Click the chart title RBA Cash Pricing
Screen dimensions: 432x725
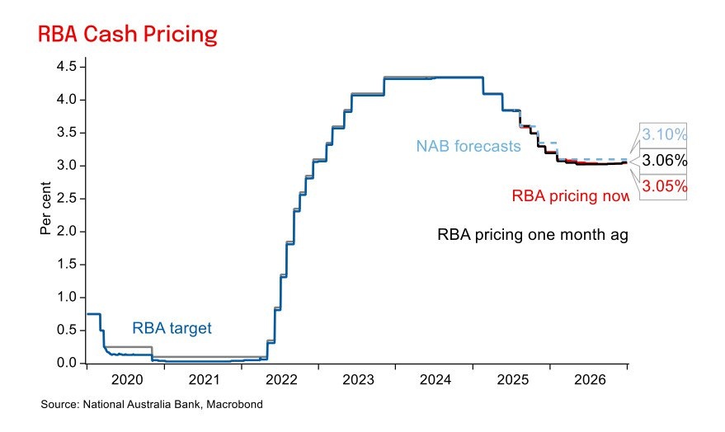pos(127,35)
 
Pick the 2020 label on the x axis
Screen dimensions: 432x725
pos(125,381)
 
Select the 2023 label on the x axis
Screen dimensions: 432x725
pos(358,381)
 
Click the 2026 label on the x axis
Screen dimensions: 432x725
pos(590,381)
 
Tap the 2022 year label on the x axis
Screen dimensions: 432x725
pos(280,381)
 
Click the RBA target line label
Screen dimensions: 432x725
pos(172,328)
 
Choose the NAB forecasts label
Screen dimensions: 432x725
pos(468,147)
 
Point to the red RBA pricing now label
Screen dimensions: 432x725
pos(570,195)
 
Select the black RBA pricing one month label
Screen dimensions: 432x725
pos(532,235)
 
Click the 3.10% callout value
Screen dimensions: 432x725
pos(664,134)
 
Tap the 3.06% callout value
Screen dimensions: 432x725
pos(664,160)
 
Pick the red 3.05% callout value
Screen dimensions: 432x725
pos(664,186)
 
